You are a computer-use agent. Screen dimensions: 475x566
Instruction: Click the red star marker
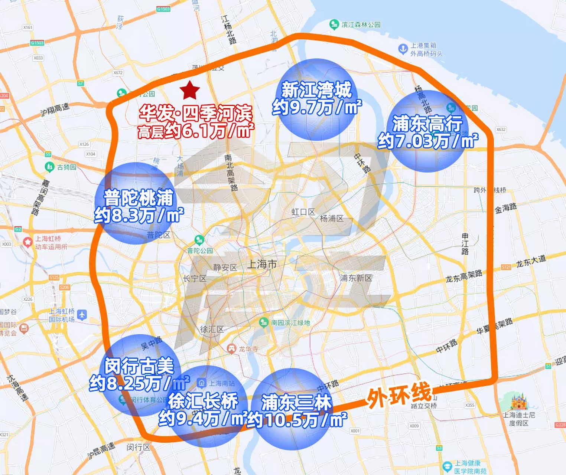pyautogui.click(x=190, y=90)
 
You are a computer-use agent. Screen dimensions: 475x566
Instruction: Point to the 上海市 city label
pyautogui.click(x=262, y=264)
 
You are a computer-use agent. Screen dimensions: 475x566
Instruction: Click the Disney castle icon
pyautogui.click(x=519, y=402)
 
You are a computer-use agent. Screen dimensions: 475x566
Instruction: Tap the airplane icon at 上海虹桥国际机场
pyautogui.click(x=82, y=315)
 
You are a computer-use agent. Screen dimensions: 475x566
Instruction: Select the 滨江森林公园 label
pyautogui.click(x=361, y=25)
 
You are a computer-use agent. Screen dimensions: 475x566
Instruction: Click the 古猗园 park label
pyautogui.click(x=66, y=167)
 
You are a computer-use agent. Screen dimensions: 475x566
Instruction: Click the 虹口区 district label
pyautogui.click(x=303, y=212)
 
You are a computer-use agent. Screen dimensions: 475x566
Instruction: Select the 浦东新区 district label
pyautogui.click(x=355, y=278)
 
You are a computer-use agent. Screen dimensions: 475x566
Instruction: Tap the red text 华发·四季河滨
pyautogui.click(x=196, y=113)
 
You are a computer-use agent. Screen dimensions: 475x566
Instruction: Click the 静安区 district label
pyautogui.click(x=225, y=268)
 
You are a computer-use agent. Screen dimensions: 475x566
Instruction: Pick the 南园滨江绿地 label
pyautogui.click(x=290, y=322)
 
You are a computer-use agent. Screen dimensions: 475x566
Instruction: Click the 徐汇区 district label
pyautogui.click(x=212, y=329)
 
